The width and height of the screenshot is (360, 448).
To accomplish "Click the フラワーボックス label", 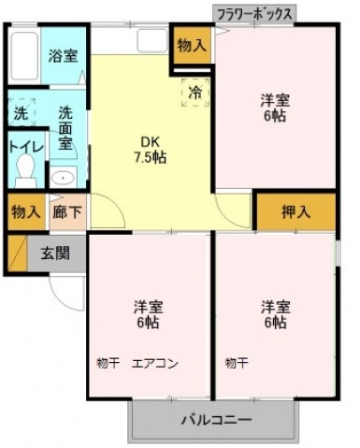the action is tap(254, 15).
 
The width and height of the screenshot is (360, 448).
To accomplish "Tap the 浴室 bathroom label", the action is tap(63, 56).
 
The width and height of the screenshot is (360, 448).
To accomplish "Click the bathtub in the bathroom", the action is tap(24, 56).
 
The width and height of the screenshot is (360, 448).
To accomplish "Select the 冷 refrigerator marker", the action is tap(195, 93).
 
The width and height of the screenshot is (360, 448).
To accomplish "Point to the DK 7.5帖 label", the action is tap(150, 150).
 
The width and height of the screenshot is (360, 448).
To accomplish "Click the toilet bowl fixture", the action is tap(26, 170).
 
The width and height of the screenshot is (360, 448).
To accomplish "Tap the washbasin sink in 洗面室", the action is tap(63, 178).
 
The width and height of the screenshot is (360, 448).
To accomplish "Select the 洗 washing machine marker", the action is tap(22, 112).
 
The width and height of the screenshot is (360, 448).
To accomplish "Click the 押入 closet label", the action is tap(295, 212).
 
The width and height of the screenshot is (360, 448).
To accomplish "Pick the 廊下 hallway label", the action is tap(67, 212).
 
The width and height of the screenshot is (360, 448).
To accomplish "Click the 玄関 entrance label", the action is tap(55, 253).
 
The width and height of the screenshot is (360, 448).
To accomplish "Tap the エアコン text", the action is tap(155, 364).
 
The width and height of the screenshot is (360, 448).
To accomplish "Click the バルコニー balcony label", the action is tap(217, 420).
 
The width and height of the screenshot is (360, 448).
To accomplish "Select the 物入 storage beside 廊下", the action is tap(26, 212).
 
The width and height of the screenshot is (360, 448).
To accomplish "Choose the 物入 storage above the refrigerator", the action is tap(192, 46).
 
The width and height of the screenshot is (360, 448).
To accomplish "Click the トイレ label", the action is tap(26, 146).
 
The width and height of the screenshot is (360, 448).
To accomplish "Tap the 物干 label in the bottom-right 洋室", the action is tap(237, 363).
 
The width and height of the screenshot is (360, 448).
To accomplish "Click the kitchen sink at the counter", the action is tap(152, 40).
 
